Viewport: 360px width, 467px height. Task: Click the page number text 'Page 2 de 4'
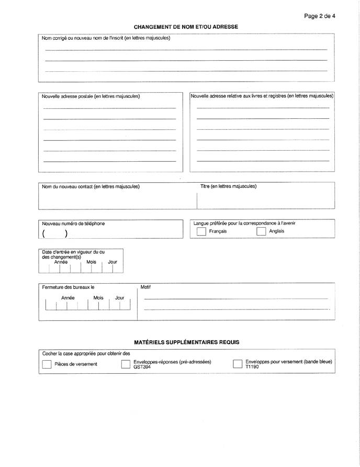pos(319,16)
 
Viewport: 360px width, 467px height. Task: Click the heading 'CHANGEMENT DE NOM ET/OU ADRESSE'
pos(186,26)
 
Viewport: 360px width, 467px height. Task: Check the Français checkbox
pos(201,232)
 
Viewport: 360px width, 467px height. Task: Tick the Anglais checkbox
pos(261,232)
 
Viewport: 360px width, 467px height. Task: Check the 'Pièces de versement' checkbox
pos(46,364)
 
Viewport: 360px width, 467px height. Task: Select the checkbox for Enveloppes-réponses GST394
pos(126,364)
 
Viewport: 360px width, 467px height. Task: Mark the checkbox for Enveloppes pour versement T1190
pos(238,364)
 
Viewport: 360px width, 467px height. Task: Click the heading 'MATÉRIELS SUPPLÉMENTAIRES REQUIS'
pos(186,342)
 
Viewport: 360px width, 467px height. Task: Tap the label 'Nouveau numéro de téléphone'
pos(73,224)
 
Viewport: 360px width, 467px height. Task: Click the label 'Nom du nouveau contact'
pos(91,186)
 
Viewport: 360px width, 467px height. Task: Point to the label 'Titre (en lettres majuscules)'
pos(229,186)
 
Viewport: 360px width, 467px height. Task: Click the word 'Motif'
pos(145,287)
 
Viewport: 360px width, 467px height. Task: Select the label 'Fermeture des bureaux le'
pos(68,287)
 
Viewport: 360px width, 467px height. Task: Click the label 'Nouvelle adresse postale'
pos(91,96)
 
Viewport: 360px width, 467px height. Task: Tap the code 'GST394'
pos(142,368)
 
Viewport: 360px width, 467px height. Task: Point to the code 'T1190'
pos(252,368)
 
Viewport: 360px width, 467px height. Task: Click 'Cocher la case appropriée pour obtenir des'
pos(86,353)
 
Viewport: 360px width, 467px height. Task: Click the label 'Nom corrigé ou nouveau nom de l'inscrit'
pos(106,38)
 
